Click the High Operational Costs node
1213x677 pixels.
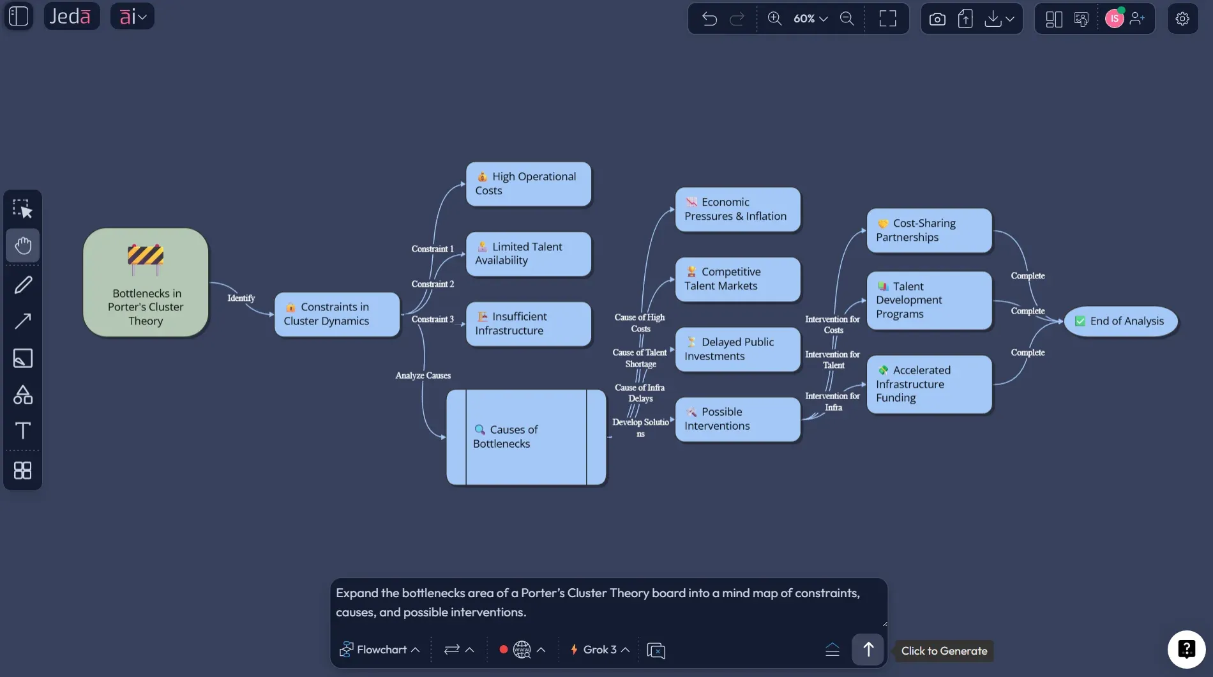[x=529, y=184]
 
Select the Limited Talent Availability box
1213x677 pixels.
[x=529, y=254]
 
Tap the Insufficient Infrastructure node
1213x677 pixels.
[x=529, y=324]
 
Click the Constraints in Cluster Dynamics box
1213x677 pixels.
[x=337, y=314]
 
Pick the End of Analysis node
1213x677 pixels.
[x=1120, y=321]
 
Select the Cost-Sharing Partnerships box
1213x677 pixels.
[x=929, y=231]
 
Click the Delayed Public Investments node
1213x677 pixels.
[x=737, y=349]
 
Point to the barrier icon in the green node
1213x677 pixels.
[x=146, y=258]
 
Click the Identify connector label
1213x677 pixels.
[x=241, y=298]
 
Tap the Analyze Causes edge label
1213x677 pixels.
[x=423, y=376]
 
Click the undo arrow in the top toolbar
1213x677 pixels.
[x=709, y=19]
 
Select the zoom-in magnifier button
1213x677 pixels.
[x=774, y=19]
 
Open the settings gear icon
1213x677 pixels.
[x=1182, y=19]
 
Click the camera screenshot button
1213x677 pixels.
[x=937, y=19]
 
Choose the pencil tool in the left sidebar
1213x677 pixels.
[x=23, y=285]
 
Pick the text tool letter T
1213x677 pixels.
[x=23, y=430]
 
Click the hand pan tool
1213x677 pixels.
[x=23, y=245]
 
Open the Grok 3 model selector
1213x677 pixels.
[x=599, y=650]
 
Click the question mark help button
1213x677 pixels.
[x=1186, y=650]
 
